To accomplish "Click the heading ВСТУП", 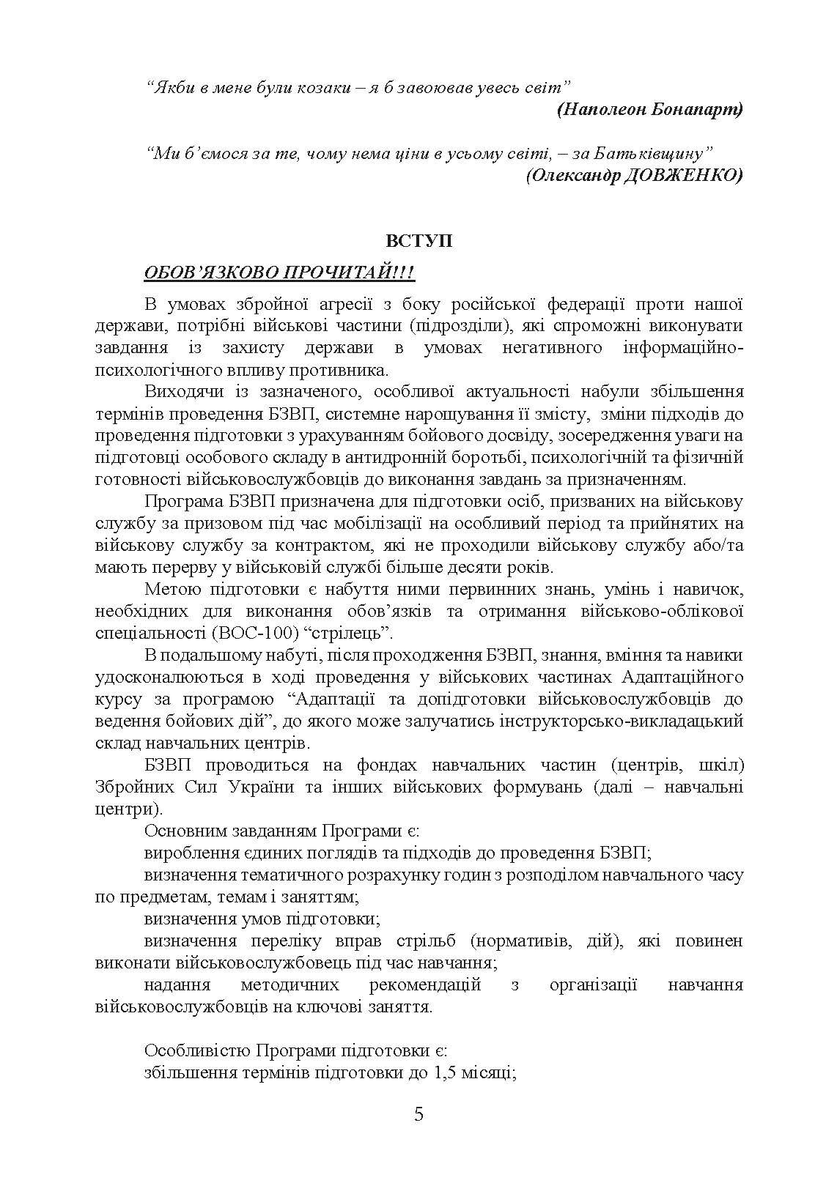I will coord(418,241).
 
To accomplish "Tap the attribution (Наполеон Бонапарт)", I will coord(649,110).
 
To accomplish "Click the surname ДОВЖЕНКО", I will coord(682,175).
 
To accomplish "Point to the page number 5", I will coord(418,1115).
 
